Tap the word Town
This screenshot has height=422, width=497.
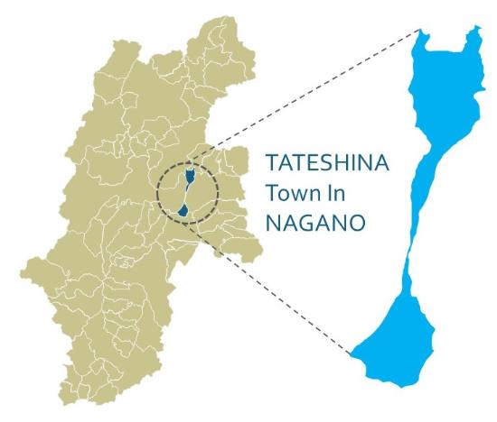[288, 192]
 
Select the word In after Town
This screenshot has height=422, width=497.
[327, 192]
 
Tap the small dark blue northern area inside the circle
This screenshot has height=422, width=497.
[188, 173]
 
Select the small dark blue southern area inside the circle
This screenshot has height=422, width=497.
[183, 210]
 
